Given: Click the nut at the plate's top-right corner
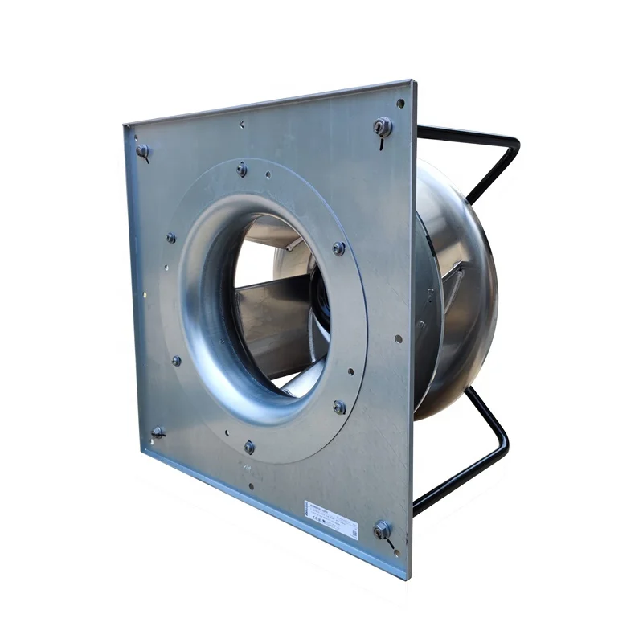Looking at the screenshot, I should (x=383, y=126).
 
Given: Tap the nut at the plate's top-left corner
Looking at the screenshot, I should (x=142, y=150).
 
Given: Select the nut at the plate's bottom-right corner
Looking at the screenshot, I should (x=382, y=529).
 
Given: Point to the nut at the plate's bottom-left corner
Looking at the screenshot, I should (x=158, y=432).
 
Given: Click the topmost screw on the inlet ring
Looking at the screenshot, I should (x=241, y=168).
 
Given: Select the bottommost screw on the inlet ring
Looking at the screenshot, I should (x=249, y=445).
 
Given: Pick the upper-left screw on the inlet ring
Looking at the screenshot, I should (x=170, y=238).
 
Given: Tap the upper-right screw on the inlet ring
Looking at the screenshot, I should (x=338, y=248).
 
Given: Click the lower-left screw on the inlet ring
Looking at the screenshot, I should (x=176, y=360).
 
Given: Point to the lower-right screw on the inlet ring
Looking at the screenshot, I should (x=339, y=407).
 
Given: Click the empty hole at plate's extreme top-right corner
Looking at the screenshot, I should (x=400, y=103).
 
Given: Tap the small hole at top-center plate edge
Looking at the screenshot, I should (x=241, y=125).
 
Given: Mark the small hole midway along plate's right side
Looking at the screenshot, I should (x=398, y=338).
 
